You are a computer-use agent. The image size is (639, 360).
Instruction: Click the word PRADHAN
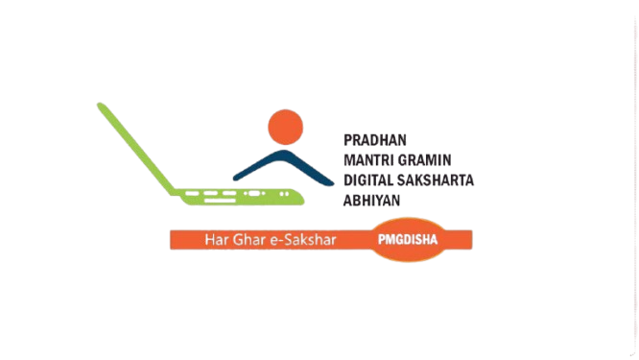[x=375, y=140]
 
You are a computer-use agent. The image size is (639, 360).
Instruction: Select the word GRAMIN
[x=424, y=160]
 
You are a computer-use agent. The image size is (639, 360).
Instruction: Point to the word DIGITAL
[x=369, y=180]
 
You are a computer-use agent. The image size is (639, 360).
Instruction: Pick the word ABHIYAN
[x=371, y=201]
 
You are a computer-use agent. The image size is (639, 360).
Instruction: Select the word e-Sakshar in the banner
[x=303, y=240]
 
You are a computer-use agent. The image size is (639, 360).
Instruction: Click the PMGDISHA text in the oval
[x=408, y=240]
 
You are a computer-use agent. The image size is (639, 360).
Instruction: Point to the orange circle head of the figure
[x=285, y=127]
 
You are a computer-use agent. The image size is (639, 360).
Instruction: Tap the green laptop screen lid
[x=136, y=149]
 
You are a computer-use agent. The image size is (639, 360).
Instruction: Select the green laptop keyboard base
[x=241, y=197]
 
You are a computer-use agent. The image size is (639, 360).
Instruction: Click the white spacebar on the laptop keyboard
[x=220, y=201]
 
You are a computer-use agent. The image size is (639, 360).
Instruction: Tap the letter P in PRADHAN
[x=348, y=140]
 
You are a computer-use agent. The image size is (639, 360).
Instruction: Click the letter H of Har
[x=209, y=240]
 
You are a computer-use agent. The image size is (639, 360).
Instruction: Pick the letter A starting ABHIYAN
[x=348, y=201]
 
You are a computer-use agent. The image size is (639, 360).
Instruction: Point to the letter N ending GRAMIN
[x=447, y=160]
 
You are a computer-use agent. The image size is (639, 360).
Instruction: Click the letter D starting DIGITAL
[x=349, y=180]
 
